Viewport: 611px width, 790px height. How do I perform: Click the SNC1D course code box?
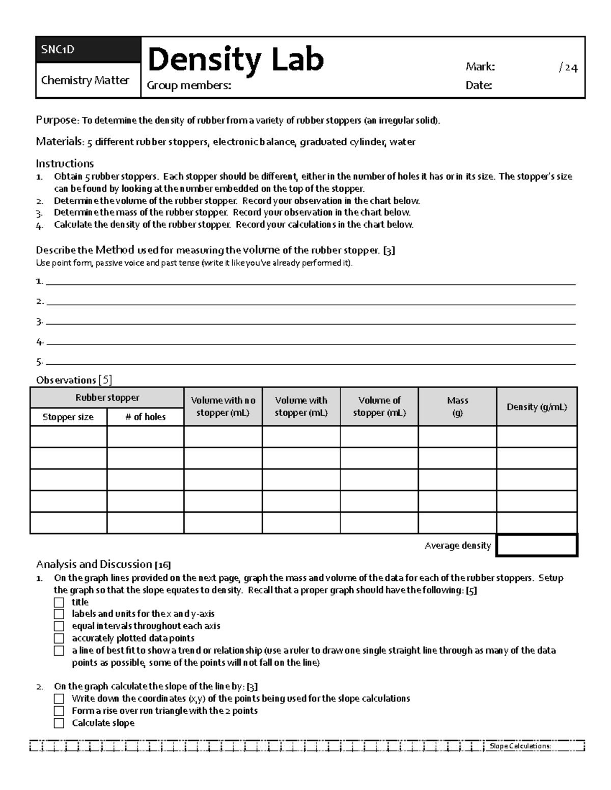88,50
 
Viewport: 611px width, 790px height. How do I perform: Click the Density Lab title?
235,60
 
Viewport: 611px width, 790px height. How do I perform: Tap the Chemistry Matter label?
85,80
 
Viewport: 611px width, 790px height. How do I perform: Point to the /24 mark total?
568,67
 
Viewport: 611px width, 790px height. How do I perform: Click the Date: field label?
479,85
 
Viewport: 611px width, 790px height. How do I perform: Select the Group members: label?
189,85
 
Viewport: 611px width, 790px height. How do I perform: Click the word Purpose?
56,121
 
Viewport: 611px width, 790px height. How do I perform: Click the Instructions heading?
65,163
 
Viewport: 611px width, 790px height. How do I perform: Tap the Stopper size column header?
68,417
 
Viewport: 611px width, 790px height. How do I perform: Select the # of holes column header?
145,417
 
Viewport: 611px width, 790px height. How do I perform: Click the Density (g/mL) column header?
537,407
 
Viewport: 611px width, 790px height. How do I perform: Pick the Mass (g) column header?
457,406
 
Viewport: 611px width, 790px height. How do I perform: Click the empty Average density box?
537,545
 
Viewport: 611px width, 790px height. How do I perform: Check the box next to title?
60,602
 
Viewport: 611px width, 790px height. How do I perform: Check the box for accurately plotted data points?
60,638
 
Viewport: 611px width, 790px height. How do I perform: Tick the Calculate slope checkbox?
60,723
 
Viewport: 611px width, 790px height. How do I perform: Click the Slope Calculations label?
520,746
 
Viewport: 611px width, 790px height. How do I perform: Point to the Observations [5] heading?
74,380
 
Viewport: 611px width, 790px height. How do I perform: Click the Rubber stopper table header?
107,398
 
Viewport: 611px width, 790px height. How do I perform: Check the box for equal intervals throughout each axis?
60,626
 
